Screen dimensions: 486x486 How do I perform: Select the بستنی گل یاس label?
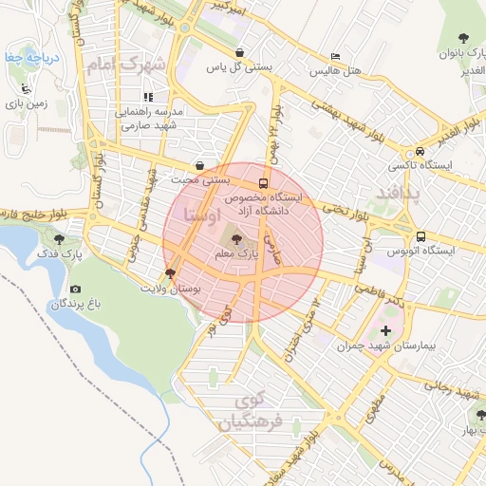point(246,67)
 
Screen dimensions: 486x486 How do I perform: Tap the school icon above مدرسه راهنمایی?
point(148,96)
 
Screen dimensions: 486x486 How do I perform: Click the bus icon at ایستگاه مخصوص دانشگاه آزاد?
point(262,183)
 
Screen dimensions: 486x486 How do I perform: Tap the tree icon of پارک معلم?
point(235,238)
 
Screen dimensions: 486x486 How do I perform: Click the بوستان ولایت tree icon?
point(170,272)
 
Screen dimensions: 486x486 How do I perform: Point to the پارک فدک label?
point(61,254)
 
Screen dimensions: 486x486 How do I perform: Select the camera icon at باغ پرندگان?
point(76,289)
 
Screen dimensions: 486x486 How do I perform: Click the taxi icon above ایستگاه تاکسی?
point(420,151)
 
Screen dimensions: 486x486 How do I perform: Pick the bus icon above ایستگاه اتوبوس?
point(420,235)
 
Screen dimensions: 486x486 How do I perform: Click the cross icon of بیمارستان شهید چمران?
point(385,331)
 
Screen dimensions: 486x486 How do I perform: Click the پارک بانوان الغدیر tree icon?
point(473,38)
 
